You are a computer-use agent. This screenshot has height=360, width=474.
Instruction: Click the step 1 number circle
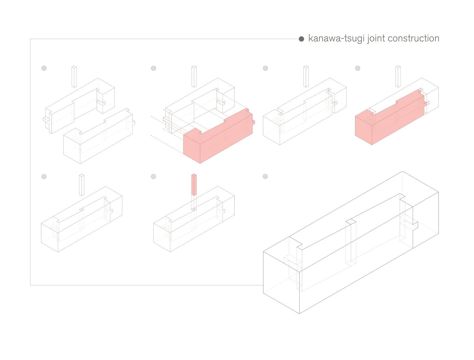tap(44, 68)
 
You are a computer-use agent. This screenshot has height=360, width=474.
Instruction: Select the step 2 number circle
tap(153, 68)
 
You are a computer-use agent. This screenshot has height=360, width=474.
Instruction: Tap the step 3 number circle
tap(265, 68)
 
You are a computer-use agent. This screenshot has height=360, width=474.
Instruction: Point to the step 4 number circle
tap(358, 68)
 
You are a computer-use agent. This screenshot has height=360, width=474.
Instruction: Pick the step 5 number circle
tap(44, 177)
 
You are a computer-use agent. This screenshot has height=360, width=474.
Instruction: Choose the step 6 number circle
tap(153, 177)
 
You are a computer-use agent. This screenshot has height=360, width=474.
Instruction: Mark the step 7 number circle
tap(265, 177)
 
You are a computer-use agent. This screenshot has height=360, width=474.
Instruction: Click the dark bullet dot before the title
tap(301, 39)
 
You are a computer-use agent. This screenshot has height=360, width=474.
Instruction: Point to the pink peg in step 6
tap(194, 185)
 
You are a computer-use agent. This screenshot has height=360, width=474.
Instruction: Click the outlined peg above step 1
tap(74, 77)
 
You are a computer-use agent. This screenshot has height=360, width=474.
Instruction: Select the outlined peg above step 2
tap(194, 77)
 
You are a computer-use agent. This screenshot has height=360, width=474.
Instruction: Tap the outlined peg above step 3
tap(306, 77)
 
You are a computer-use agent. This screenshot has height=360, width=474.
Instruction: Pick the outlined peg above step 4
tap(398, 77)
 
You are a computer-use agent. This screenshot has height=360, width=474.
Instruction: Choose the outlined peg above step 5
tap(82, 185)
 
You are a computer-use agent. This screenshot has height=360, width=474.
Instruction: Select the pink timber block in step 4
tap(389, 118)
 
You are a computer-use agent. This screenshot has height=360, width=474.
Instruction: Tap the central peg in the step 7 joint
tap(351, 244)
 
